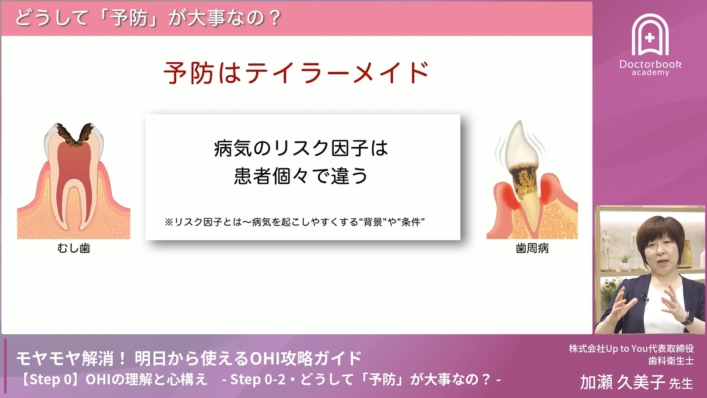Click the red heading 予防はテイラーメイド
tap(296, 73)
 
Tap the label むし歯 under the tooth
tap(74, 248)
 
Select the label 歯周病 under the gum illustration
tap(532, 248)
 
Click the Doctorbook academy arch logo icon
tap(650, 35)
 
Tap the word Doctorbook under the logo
tap(650, 64)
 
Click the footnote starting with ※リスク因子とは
tap(295, 222)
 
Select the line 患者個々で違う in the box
tap(301, 176)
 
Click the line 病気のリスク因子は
tap(301, 149)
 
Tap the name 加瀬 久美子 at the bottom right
tap(622, 383)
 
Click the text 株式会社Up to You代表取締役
tap(631, 348)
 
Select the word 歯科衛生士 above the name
tap(671, 361)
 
